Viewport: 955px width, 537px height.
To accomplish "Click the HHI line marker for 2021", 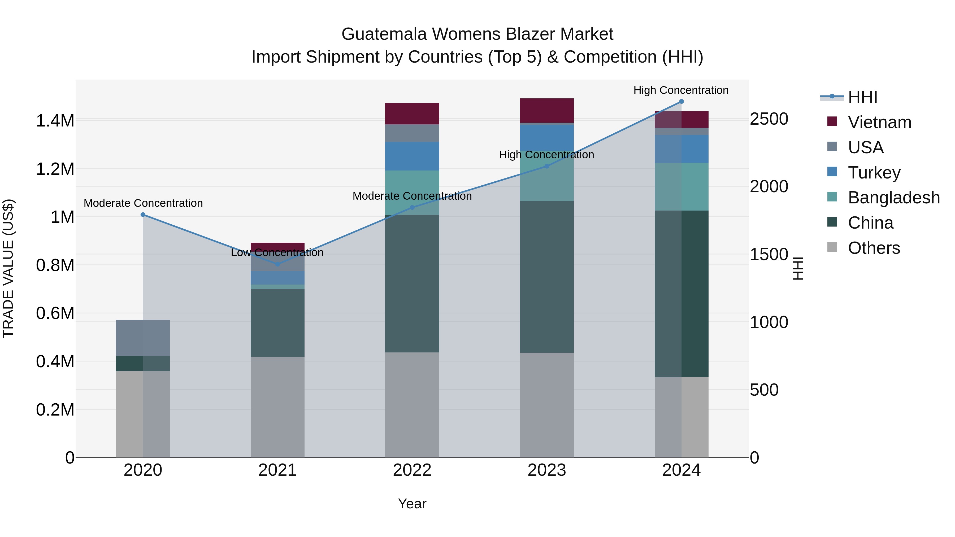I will coord(277,264).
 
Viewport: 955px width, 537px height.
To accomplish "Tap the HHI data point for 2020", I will coord(143,215).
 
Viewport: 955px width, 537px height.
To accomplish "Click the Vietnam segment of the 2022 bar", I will coord(412,114).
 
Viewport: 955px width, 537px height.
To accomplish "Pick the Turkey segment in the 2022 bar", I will coord(412,156).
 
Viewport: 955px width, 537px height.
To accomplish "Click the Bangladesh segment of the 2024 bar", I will coord(681,186).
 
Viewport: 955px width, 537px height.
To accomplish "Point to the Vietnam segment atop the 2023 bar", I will coord(546,110).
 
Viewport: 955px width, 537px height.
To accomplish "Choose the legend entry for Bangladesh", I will coord(893,198).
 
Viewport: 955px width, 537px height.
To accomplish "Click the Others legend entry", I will coord(874,248).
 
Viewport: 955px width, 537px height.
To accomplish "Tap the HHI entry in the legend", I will coord(862,97).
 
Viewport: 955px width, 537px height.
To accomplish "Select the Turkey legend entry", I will coord(874,173).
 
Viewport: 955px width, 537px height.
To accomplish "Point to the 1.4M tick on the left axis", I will coord(55,121).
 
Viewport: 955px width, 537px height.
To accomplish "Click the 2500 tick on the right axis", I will coord(769,119).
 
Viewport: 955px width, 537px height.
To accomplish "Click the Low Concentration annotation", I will coord(277,253).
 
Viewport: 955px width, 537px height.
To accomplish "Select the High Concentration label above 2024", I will coord(681,90).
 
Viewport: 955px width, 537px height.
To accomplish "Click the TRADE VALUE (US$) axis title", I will coord(8,268).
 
